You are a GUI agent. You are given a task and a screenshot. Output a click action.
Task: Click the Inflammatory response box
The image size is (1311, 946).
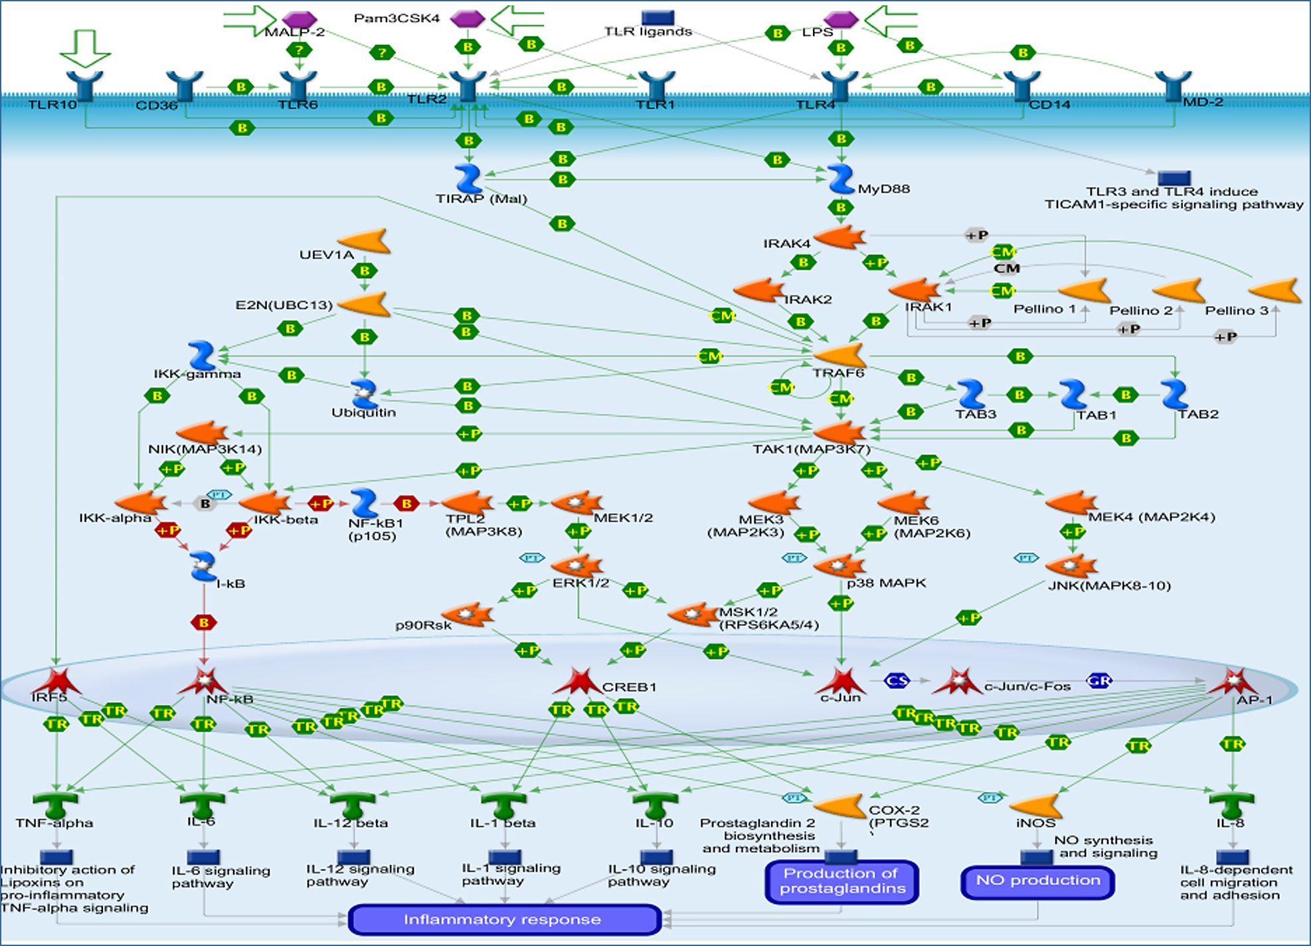click(503, 919)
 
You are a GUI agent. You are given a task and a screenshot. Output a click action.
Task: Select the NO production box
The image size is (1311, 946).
click(1037, 881)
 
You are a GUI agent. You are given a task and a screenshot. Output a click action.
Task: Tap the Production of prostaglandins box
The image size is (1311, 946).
click(842, 881)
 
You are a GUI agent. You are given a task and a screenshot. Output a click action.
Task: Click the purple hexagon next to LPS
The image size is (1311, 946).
click(841, 19)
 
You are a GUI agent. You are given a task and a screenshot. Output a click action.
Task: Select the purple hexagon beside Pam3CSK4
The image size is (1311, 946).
click(468, 19)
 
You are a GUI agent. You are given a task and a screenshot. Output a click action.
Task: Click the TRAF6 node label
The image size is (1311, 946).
click(838, 373)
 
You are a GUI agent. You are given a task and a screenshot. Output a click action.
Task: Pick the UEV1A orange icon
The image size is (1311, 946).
click(365, 241)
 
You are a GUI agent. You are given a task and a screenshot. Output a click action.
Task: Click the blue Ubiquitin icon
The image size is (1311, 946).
click(364, 393)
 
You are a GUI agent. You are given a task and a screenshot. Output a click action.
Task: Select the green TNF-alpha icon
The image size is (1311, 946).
click(56, 804)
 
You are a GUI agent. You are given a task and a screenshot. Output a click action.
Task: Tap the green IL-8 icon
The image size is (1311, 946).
click(1232, 804)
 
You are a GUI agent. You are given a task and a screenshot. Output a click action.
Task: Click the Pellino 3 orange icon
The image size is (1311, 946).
click(1274, 291)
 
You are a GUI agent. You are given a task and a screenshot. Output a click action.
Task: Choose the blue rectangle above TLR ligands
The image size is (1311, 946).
click(657, 17)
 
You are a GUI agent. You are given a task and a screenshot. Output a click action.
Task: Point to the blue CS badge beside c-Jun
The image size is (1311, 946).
click(896, 681)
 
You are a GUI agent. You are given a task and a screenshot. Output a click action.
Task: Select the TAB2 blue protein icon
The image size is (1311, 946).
click(1174, 394)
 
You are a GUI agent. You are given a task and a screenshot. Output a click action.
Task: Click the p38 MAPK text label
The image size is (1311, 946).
click(886, 583)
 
